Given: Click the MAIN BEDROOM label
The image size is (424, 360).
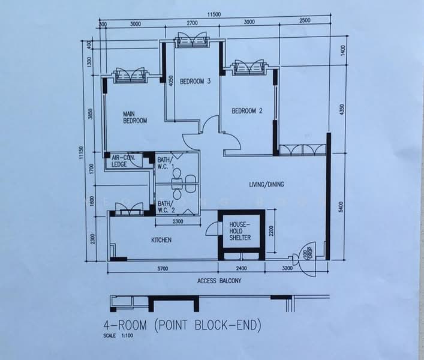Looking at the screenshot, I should tap(135, 117).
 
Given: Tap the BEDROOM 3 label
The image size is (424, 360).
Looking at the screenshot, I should tap(196, 82).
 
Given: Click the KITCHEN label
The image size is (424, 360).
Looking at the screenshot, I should tap(161, 240).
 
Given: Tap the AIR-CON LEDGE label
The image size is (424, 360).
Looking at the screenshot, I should tap(122, 161).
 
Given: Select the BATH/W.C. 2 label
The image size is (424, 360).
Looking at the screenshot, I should tap(166, 207).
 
